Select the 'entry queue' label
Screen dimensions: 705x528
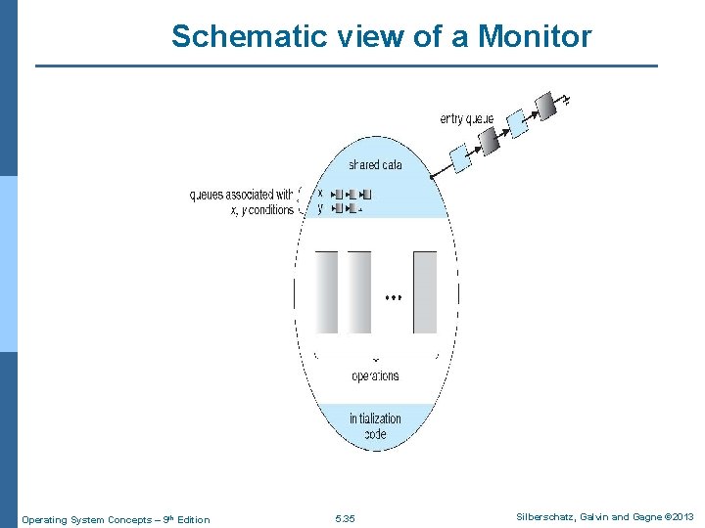tap(466, 118)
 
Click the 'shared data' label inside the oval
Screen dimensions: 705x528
tap(375, 165)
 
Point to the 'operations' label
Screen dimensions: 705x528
tap(375, 375)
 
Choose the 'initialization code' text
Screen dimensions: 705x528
tap(375, 426)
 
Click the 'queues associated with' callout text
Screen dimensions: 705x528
tap(241, 195)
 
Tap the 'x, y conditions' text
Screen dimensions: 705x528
tap(260, 209)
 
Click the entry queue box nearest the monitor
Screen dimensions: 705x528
tap(460, 156)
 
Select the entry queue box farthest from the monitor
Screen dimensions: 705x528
tap(545, 104)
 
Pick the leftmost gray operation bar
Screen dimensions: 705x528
tap(327, 291)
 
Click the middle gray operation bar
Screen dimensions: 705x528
tap(359, 291)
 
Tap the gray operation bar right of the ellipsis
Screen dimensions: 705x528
tap(425, 291)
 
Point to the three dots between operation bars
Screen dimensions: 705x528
tap(394, 296)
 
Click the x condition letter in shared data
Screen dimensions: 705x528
tap(320, 194)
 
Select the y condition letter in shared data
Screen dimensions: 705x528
tap(320, 208)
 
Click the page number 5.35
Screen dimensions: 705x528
tap(345, 519)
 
